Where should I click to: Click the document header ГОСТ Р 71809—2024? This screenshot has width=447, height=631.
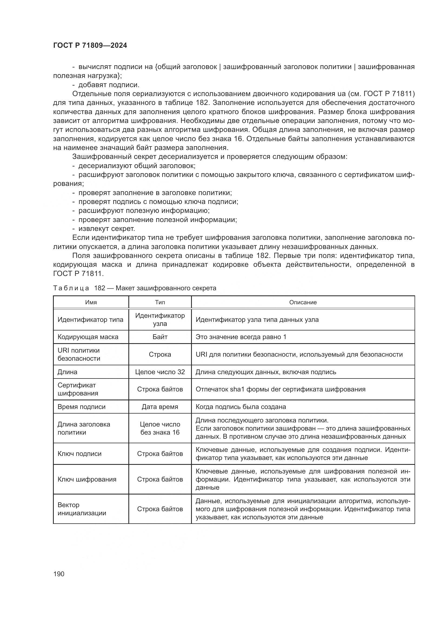point(90,46)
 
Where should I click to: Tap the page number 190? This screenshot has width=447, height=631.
point(59,574)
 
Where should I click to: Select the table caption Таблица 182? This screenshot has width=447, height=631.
point(135,288)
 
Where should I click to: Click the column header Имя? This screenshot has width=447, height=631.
point(91,302)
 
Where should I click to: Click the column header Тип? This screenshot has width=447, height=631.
point(160,302)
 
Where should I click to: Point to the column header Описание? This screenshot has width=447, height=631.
point(303,302)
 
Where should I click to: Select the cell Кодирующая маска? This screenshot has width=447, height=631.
point(88,337)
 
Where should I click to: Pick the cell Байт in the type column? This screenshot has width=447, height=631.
point(160,337)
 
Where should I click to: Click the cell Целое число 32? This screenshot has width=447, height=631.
point(160,372)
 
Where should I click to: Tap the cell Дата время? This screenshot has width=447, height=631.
point(160,407)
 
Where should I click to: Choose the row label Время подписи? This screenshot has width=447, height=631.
point(81,407)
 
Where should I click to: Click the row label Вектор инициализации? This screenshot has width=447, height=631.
point(82,509)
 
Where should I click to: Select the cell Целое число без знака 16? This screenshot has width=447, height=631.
point(160,428)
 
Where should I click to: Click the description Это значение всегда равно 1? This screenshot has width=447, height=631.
point(241,337)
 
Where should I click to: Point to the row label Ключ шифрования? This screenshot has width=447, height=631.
point(87,479)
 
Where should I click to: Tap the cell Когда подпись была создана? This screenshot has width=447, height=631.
point(241,407)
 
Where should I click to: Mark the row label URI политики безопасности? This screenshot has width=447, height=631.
point(79,354)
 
